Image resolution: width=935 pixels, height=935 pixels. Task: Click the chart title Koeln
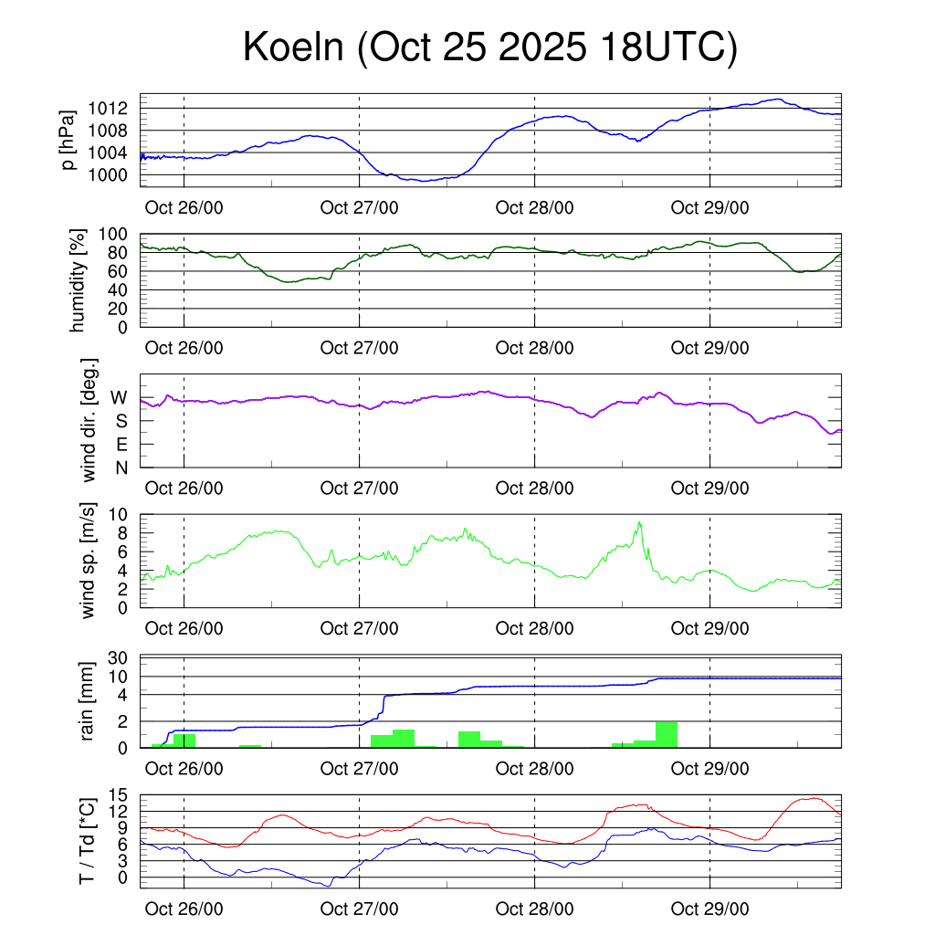pos(489,47)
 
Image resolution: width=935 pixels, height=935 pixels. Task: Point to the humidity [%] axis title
pos(79,280)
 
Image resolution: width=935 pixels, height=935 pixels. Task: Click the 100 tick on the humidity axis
pos(121,235)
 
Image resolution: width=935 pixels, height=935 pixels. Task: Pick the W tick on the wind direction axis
pos(120,397)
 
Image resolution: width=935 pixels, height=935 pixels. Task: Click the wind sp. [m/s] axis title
pos(88,560)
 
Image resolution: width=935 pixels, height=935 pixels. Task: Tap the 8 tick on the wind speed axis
pos(128,533)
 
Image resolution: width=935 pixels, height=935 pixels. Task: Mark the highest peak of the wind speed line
pos(640,522)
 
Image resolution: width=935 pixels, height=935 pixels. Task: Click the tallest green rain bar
pos(667,734)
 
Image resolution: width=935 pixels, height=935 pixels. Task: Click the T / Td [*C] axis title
pos(88,840)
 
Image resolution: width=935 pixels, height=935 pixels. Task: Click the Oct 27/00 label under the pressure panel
pos(360,207)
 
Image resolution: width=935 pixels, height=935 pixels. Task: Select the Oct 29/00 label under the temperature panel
pos(710,909)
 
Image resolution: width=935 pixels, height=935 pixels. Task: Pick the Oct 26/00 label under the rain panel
pos(184,769)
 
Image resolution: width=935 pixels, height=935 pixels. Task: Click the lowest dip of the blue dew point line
pos(329,886)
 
